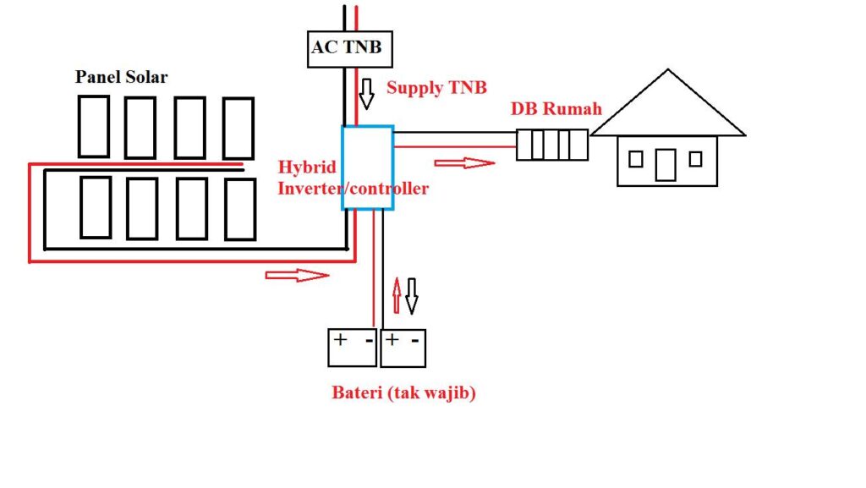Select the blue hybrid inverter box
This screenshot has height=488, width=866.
point(367,167)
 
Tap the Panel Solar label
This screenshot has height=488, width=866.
point(122,77)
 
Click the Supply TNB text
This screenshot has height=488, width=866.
point(436,87)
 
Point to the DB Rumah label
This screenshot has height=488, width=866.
point(556,110)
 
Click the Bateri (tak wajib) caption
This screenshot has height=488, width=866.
point(403,393)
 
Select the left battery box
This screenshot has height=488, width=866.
point(352,347)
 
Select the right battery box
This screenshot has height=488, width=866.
point(403,347)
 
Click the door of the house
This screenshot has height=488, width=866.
point(666,164)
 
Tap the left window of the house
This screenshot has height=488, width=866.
point(636,159)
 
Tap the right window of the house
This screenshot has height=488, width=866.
point(696,159)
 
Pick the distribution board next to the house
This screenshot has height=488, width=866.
point(552,144)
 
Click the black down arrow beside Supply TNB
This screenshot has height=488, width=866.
point(365,95)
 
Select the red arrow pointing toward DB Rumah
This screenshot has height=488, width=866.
point(463,162)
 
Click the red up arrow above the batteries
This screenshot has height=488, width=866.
point(397,297)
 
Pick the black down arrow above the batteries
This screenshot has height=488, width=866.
point(412,297)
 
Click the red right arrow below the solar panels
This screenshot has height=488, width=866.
point(296,275)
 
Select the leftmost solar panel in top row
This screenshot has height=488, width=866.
point(93,126)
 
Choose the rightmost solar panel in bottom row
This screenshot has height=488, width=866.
point(239,209)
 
